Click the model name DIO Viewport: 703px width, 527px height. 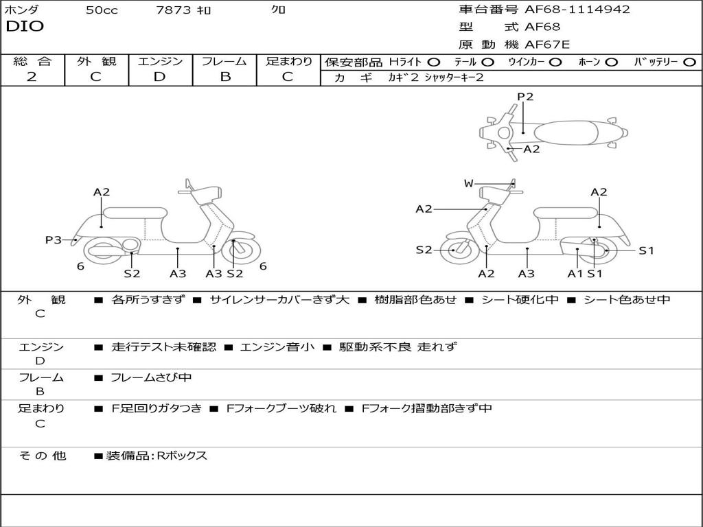coord(25,27)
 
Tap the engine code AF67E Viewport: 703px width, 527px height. coord(547,45)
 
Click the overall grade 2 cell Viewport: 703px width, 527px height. coord(32,77)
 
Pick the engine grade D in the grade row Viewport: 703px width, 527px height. coord(159,77)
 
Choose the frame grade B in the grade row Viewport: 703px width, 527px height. coord(224,77)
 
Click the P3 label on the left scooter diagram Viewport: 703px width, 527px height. coord(54,239)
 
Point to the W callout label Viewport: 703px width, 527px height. coord(468,183)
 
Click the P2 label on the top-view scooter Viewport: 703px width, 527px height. coord(525,97)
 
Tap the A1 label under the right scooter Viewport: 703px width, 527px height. coord(575,273)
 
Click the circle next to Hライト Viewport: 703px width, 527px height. coord(434,62)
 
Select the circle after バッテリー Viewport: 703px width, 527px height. coord(689,62)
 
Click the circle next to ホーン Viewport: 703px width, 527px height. coord(612,62)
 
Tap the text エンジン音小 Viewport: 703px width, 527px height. coord(277,347)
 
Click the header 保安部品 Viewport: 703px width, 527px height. coord(354,62)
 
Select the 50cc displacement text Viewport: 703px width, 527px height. coord(102,10)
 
